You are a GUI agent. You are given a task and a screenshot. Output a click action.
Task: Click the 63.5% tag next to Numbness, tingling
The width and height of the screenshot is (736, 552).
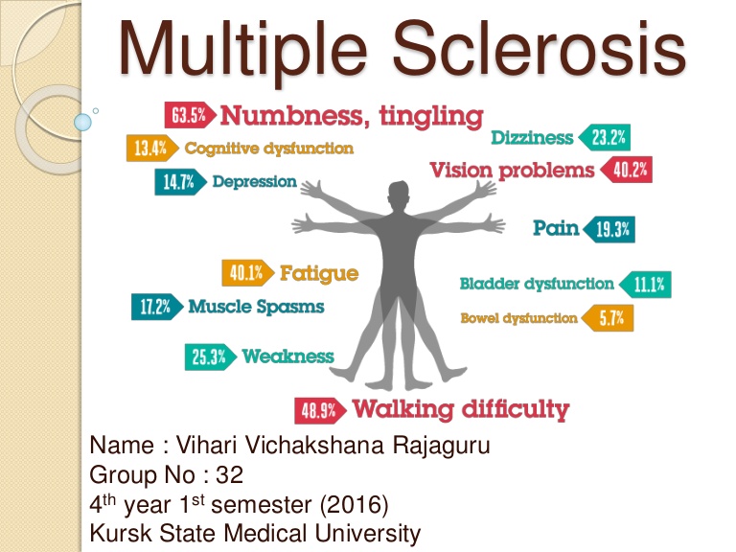coord(190,115)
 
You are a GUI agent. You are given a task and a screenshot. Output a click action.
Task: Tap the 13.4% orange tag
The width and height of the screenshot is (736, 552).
coord(152,149)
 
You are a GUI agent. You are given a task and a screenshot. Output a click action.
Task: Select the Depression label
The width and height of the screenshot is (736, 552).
coord(254,182)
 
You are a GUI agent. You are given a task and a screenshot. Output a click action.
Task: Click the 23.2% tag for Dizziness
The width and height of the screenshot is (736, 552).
coord(605,138)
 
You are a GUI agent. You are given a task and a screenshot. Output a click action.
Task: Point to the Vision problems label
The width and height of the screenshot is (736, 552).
coord(512,170)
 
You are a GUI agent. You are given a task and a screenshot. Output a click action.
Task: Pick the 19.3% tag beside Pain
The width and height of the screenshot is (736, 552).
coord(609,230)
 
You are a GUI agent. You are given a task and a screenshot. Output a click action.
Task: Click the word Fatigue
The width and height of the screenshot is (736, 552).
coord(319,273)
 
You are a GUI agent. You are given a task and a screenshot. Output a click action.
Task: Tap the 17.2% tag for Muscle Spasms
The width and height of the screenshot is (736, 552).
coord(157,307)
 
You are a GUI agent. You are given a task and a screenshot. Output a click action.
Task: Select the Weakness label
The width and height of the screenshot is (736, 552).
coord(287,356)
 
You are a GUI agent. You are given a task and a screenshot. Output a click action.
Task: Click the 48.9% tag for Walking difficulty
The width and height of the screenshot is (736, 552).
coord(321,411)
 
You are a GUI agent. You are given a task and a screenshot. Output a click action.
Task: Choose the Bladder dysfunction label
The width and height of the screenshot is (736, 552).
coord(537,284)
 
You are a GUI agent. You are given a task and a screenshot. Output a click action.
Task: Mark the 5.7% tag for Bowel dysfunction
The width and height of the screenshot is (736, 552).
coord(608,318)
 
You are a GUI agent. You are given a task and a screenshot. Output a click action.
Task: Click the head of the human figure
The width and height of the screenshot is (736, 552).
coord(399,197)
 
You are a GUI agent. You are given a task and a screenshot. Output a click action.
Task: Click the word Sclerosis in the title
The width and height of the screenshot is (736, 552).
coord(539,51)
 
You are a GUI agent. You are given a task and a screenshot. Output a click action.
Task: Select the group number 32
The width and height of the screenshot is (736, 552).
coord(230,474)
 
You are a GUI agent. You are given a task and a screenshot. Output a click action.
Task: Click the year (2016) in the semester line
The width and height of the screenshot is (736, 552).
coord(355,505)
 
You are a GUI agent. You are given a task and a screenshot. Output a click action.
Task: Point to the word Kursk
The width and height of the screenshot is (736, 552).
coord(121,533)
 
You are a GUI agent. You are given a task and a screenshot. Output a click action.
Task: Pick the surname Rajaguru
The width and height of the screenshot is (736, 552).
coord(441,446)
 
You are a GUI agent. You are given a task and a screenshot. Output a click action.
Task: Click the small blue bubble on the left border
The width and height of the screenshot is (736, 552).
coord(82,123)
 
